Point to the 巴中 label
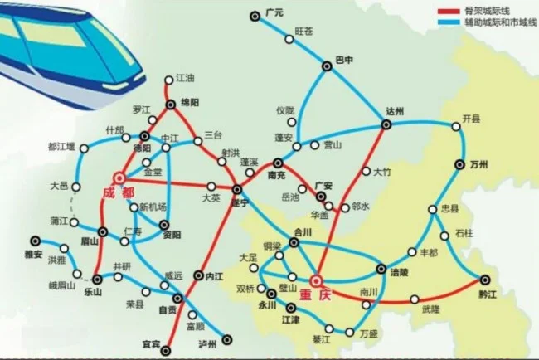pyautogui.click(x=344, y=60)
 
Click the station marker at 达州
pyautogui.click(x=386, y=124)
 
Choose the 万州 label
pyautogui.click(x=476, y=163)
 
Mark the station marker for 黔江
pyautogui.click(x=483, y=280)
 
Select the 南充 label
pyautogui.click(x=276, y=176)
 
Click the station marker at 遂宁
pyautogui.click(x=237, y=189)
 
